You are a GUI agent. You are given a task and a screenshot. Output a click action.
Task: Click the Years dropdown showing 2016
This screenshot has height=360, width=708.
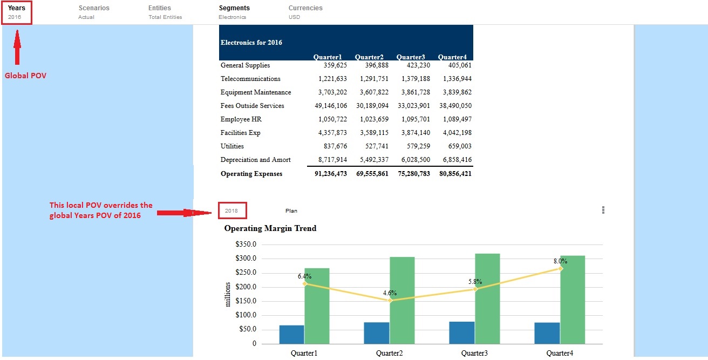17,12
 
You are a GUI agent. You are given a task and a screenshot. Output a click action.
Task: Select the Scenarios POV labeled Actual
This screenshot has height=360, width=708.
93,12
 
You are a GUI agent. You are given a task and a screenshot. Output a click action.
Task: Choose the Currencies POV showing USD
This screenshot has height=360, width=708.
305,12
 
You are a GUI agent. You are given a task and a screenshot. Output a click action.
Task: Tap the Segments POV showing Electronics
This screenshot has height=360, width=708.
234,12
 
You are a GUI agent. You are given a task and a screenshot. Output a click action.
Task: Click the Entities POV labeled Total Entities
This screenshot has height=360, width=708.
165,12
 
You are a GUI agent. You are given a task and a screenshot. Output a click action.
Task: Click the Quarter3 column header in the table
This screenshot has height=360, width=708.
411,57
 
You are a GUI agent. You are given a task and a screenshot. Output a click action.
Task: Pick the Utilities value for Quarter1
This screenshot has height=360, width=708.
332,146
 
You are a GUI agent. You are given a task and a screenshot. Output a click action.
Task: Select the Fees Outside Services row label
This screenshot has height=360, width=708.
252,106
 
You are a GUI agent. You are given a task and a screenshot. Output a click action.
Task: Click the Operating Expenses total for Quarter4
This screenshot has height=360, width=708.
455,174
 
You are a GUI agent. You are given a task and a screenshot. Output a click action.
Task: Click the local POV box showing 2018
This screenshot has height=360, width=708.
232,210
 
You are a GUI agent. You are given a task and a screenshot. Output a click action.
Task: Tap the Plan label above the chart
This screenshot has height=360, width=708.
291,210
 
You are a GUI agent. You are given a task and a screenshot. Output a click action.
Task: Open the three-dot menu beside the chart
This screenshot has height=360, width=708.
603,210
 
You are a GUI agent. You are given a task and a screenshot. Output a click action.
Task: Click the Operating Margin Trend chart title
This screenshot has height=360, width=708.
270,228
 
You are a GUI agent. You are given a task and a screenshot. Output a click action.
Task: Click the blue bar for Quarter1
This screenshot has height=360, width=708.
291,334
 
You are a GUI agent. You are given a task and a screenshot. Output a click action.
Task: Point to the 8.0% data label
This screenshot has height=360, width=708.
560,261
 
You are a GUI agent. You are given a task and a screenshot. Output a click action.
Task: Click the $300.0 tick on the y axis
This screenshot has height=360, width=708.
246,259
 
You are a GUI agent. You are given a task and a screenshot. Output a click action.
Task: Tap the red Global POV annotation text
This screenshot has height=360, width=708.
25,76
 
